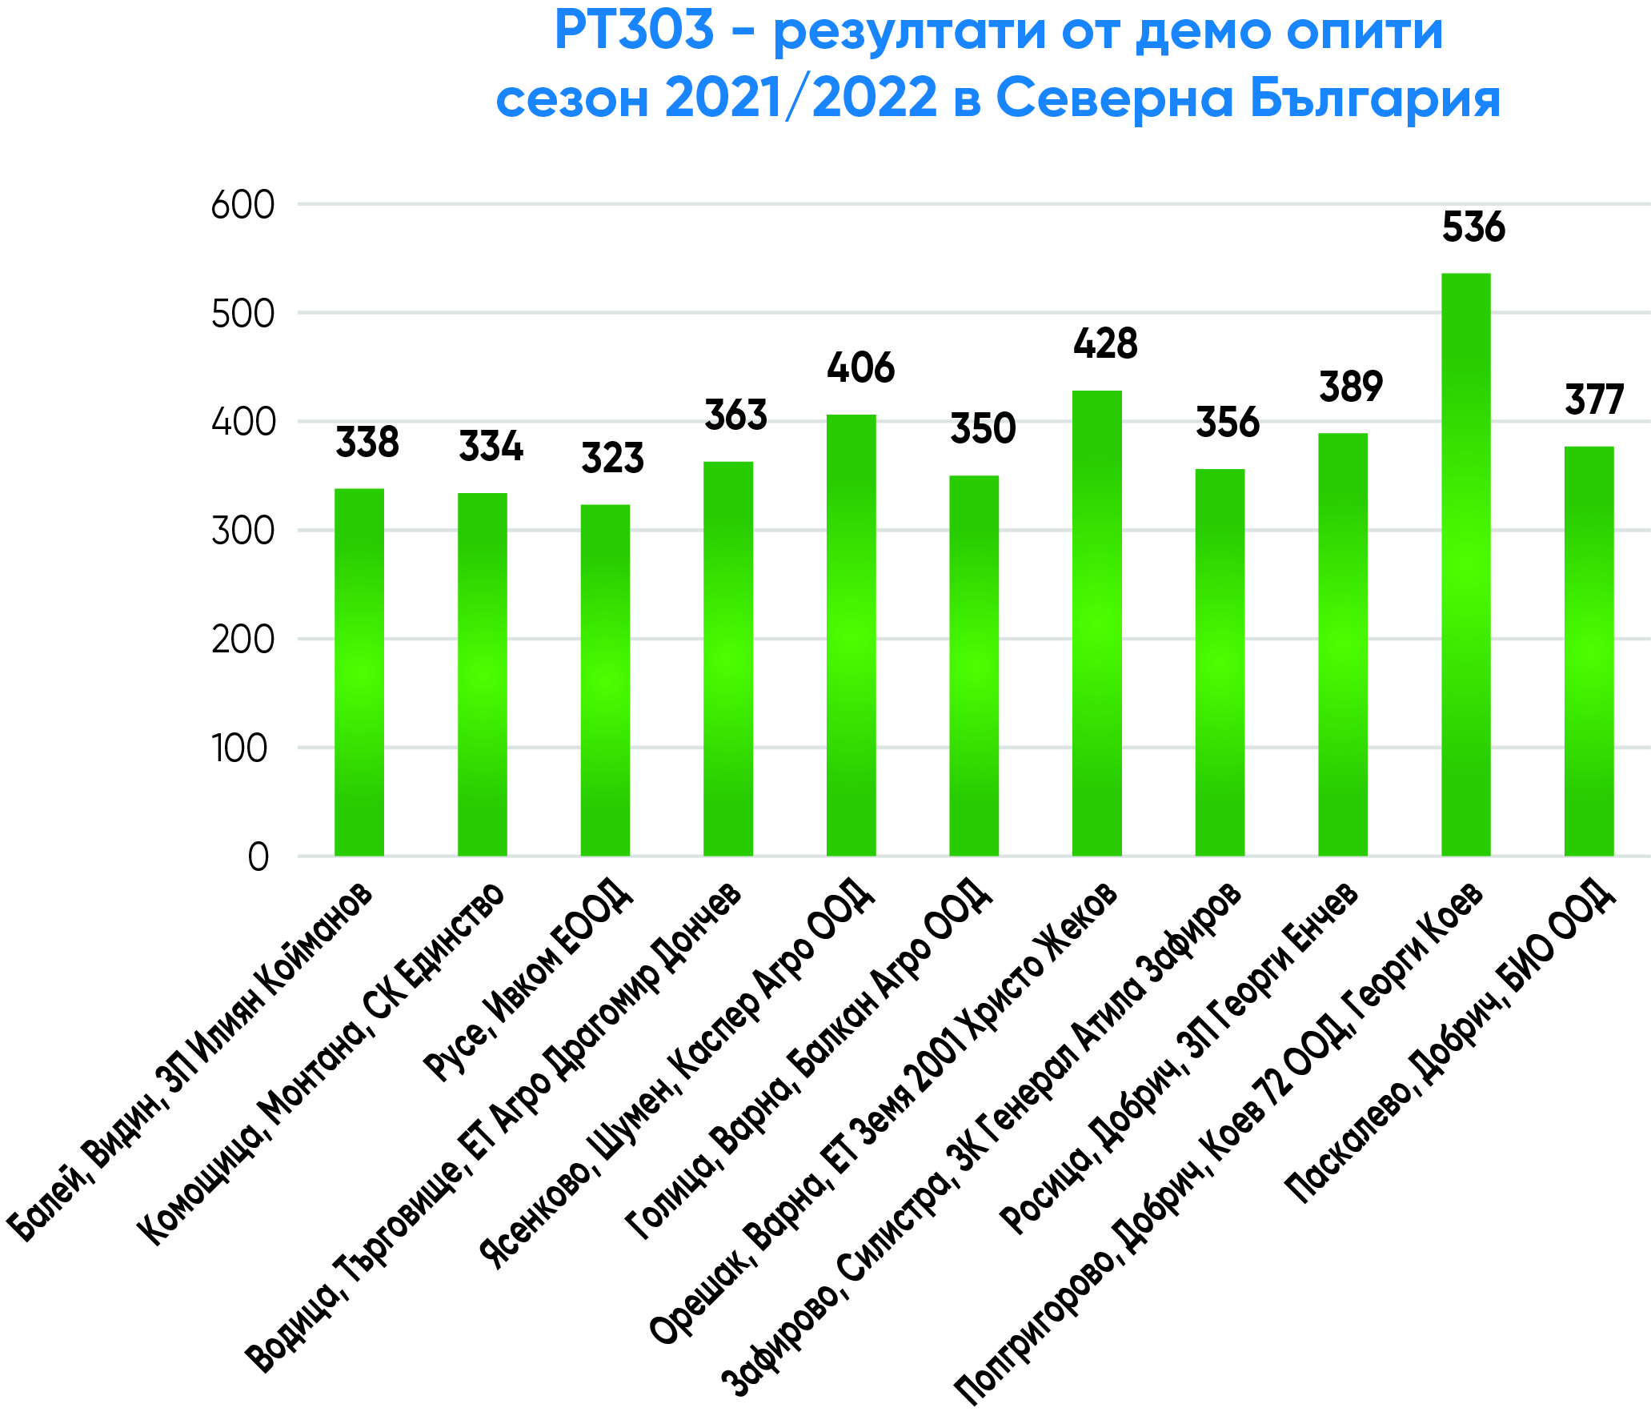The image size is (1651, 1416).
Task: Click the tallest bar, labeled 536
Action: click(1465, 564)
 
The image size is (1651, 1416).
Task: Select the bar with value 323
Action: click(605, 680)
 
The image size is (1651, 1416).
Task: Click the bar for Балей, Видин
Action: click(359, 672)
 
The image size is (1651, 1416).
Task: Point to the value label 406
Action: click(860, 368)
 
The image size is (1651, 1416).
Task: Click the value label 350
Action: click(983, 429)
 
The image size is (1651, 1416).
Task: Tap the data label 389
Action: click(1351, 387)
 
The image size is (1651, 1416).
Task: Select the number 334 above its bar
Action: click(491, 447)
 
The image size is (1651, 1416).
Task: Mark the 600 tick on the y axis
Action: click(242, 206)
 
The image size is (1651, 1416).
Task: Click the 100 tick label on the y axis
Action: click(239, 749)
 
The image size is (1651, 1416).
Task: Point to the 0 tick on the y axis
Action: click(258, 857)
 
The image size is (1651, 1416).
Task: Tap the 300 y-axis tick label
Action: click(242, 532)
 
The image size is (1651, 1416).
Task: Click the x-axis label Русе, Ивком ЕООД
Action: click(528, 981)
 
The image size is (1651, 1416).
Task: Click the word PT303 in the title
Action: click(633, 30)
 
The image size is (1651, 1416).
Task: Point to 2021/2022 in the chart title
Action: click(800, 99)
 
